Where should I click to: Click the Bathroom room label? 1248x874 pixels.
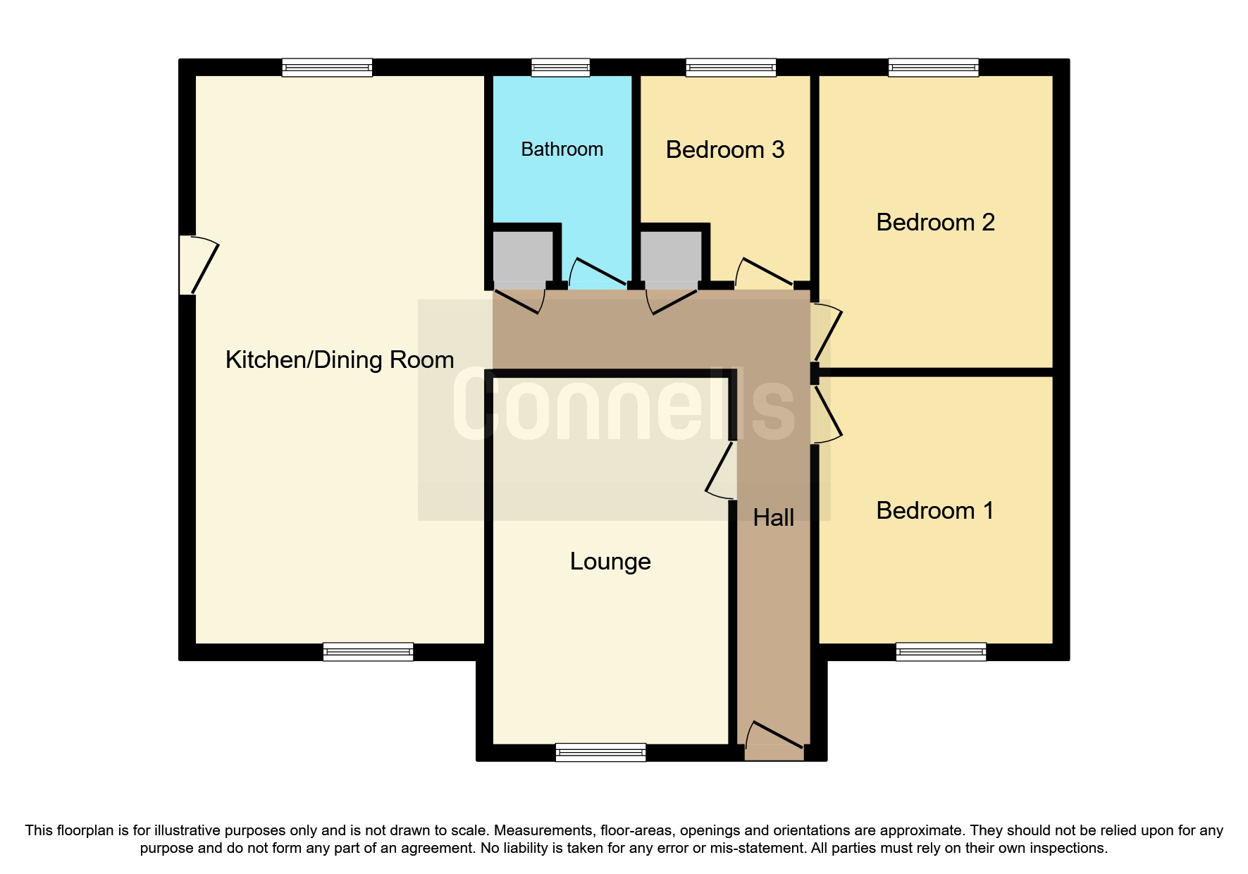562,149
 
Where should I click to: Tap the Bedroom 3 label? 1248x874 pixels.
724,150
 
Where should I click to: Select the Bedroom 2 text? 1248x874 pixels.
934,223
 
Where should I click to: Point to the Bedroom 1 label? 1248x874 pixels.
934,511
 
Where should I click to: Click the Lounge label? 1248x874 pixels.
610,562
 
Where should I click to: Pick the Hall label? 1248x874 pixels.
773,518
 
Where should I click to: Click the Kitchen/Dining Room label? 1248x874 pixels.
339,360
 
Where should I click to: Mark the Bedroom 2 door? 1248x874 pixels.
826,333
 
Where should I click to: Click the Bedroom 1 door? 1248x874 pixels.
826,416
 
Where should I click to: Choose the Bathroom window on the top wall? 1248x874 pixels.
560,68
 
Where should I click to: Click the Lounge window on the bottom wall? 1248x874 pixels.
600,753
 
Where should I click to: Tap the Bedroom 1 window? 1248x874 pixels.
941,652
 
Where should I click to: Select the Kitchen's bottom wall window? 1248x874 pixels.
368,652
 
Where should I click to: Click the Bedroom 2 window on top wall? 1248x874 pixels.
933,68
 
